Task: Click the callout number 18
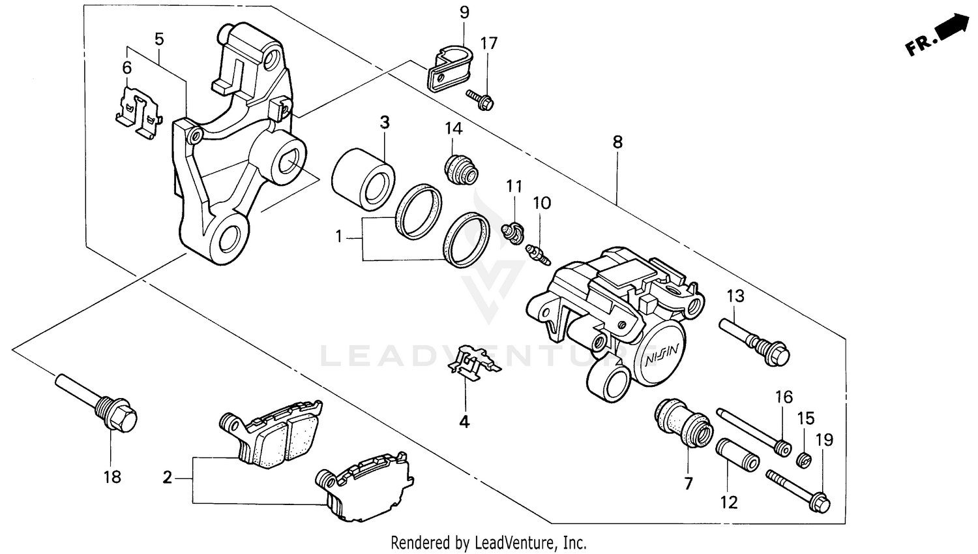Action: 112,477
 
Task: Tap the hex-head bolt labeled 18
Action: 98,401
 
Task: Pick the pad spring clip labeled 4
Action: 474,361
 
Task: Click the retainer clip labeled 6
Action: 138,112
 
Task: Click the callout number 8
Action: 617,142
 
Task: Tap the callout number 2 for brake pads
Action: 168,478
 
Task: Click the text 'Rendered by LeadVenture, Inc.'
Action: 488,542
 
